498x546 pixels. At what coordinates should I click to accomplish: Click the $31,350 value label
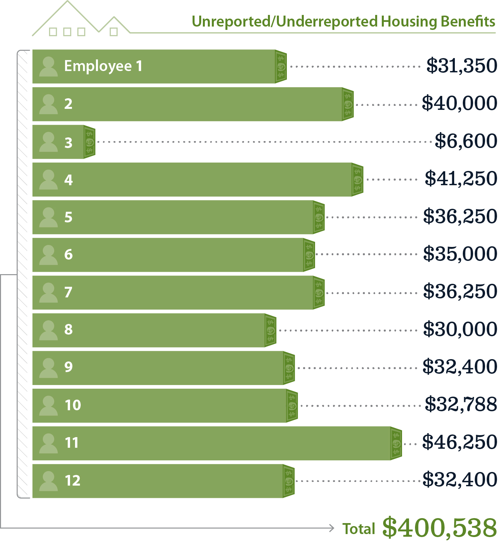coord(461,66)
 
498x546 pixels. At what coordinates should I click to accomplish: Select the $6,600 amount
coord(466,141)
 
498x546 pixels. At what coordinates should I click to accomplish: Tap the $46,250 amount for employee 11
coord(459,442)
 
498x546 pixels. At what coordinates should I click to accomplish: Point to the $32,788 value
coord(461,404)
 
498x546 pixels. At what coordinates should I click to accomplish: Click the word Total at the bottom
coord(359,529)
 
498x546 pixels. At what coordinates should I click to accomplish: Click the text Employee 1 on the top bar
coord(103,66)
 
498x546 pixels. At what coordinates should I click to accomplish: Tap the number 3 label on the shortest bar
coord(68,143)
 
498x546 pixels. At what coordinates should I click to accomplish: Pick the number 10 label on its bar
coord(73,405)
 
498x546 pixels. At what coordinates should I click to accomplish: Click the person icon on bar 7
coord(48,292)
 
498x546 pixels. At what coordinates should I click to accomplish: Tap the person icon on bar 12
coord(48,481)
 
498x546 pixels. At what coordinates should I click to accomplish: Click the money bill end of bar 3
coord(90,142)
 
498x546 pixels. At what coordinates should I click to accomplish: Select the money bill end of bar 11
coord(396,443)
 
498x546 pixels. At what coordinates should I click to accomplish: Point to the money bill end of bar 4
coord(358,180)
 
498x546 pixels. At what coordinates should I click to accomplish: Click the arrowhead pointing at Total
coord(331,528)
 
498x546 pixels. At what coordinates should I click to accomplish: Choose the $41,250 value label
coord(461,179)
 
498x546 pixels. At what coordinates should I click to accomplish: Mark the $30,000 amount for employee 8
coord(460,329)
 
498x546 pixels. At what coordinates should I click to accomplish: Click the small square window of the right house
coord(114,32)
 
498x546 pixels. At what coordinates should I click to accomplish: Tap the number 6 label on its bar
coord(68,255)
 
